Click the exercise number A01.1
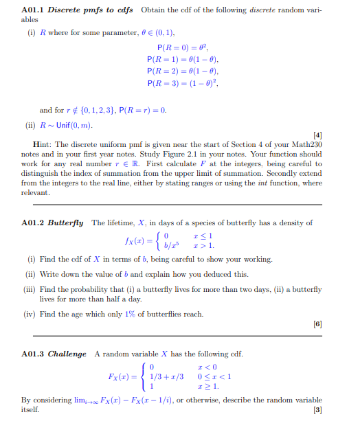34,10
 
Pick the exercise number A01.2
34,223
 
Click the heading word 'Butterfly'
69,223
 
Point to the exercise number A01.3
34,354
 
